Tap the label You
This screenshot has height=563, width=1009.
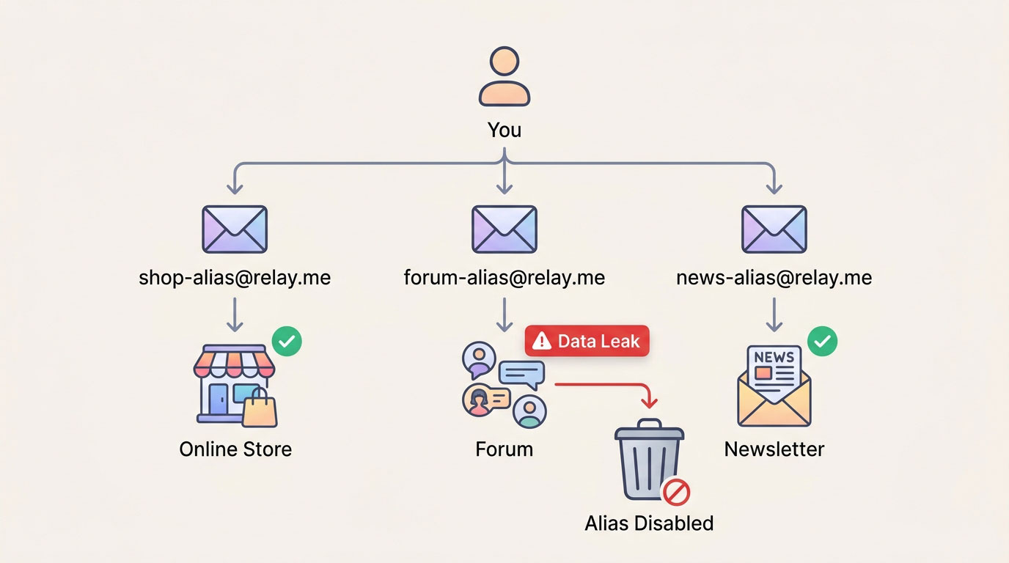coord(504,130)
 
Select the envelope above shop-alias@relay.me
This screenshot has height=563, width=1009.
coord(235,229)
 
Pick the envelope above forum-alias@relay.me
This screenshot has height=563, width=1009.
coord(504,229)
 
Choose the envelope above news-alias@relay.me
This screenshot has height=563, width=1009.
coord(774,229)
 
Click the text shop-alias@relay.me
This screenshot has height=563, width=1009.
coord(235,279)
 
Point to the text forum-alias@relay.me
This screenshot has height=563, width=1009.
coord(504,279)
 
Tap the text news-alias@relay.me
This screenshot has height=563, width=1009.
coord(774,279)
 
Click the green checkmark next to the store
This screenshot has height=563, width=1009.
coord(287,342)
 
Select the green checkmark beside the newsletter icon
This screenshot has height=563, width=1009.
coord(822,342)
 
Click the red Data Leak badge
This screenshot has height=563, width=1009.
coord(587,341)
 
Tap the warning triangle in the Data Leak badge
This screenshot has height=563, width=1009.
coord(542,341)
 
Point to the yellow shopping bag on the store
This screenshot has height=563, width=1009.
coord(260,409)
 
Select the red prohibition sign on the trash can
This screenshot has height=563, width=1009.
coord(676,491)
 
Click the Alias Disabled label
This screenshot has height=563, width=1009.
coord(649,523)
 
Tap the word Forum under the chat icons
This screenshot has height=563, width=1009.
coord(504,449)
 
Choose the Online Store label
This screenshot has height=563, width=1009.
coord(235,449)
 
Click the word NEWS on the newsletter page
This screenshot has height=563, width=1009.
coord(774,357)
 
